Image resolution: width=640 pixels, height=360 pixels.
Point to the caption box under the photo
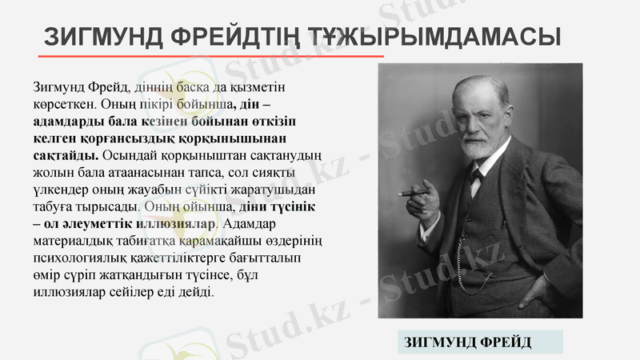coord(470,342)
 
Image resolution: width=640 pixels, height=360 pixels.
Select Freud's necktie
coord(478,178)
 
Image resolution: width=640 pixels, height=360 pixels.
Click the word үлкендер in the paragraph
coord(60,190)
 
